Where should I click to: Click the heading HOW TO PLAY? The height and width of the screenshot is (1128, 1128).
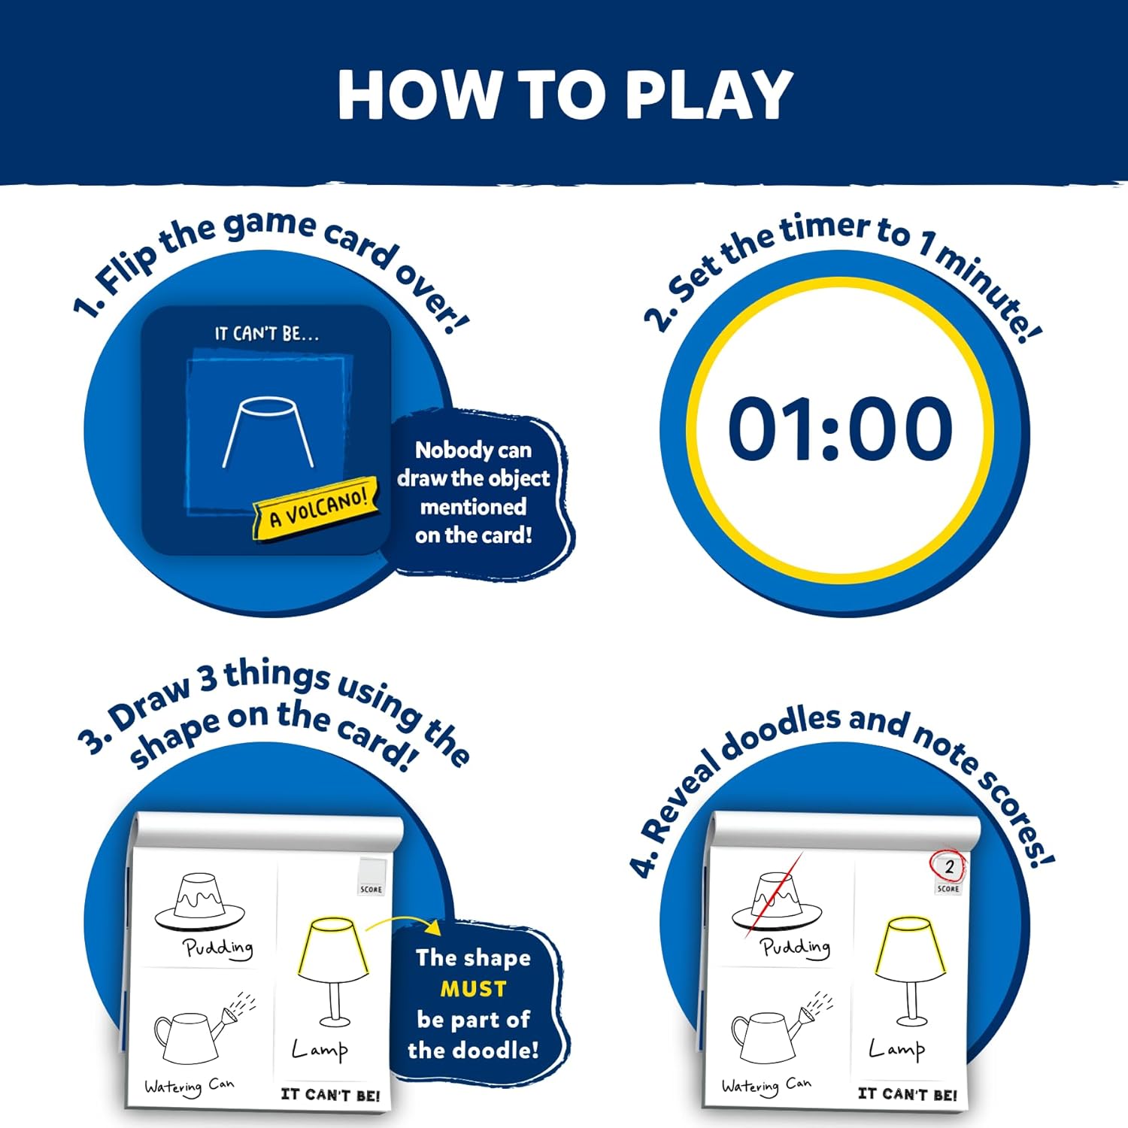(x=564, y=96)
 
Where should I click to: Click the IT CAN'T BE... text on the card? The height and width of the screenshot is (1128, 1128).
(x=267, y=334)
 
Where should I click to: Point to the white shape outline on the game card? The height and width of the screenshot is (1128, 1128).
(x=268, y=433)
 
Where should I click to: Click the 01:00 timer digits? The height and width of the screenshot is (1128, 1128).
(x=840, y=429)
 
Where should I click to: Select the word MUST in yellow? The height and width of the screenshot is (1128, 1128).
(x=473, y=988)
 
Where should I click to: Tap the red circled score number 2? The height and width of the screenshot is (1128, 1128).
(x=949, y=866)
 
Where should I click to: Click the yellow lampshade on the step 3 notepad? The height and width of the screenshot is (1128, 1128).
(x=333, y=948)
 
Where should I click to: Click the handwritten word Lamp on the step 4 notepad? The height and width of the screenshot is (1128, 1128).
(x=896, y=1048)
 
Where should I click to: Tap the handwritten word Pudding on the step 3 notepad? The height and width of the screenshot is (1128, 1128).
(x=218, y=948)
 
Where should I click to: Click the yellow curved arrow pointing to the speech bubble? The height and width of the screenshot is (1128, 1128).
(x=403, y=922)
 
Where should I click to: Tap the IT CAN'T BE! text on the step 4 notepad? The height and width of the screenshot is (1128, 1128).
(x=907, y=1094)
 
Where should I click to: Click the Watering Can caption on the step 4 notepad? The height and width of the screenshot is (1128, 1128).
(x=766, y=1086)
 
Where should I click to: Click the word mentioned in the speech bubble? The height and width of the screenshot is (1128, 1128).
(x=473, y=507)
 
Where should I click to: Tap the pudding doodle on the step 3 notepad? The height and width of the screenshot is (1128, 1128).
(x=199, y=902)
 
